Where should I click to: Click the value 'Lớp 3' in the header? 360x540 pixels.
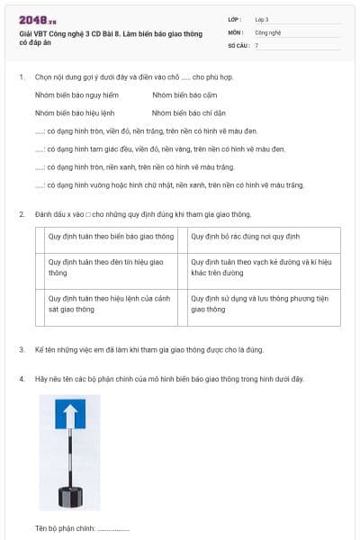coord(262,19)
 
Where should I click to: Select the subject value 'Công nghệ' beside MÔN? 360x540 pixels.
coord(267,31)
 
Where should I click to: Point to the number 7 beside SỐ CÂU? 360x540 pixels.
coord(256,44)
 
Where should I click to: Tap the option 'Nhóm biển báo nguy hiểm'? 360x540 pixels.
coord(76,94)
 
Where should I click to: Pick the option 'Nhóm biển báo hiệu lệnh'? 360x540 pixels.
coord(75,113)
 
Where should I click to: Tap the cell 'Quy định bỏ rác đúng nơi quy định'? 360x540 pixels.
coord(244,238)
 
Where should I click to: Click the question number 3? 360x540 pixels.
coord(22,349)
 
